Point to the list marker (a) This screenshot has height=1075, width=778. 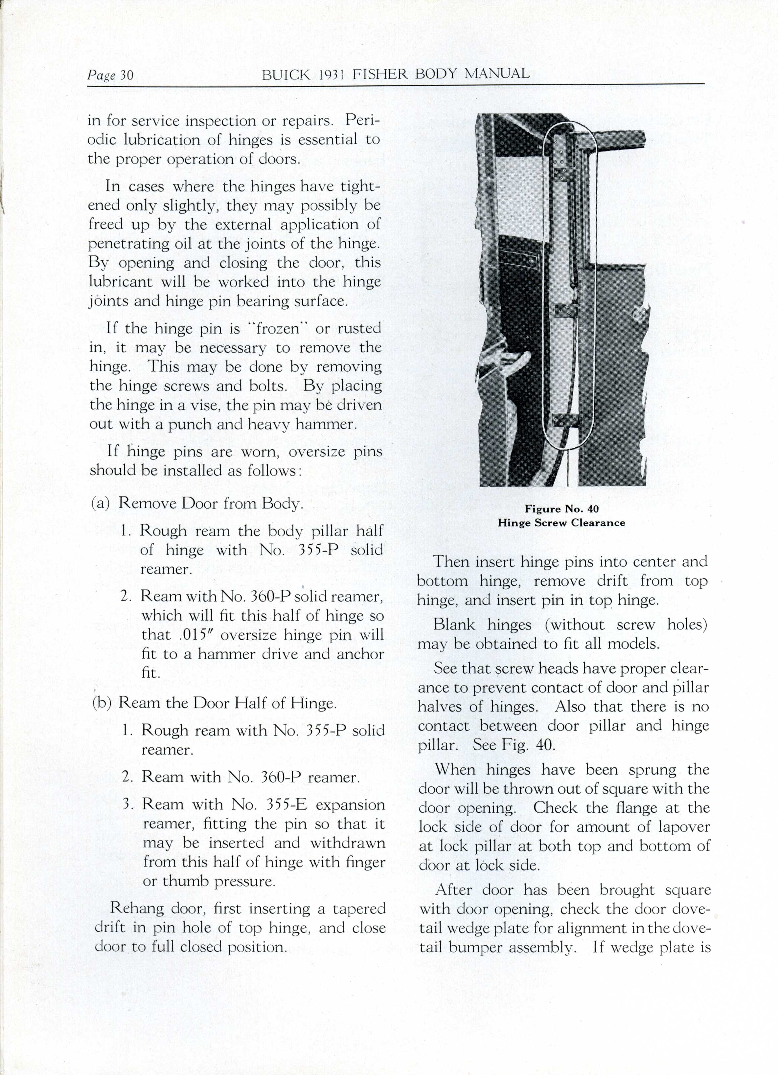101,503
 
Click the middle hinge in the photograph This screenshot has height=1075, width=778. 566,311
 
